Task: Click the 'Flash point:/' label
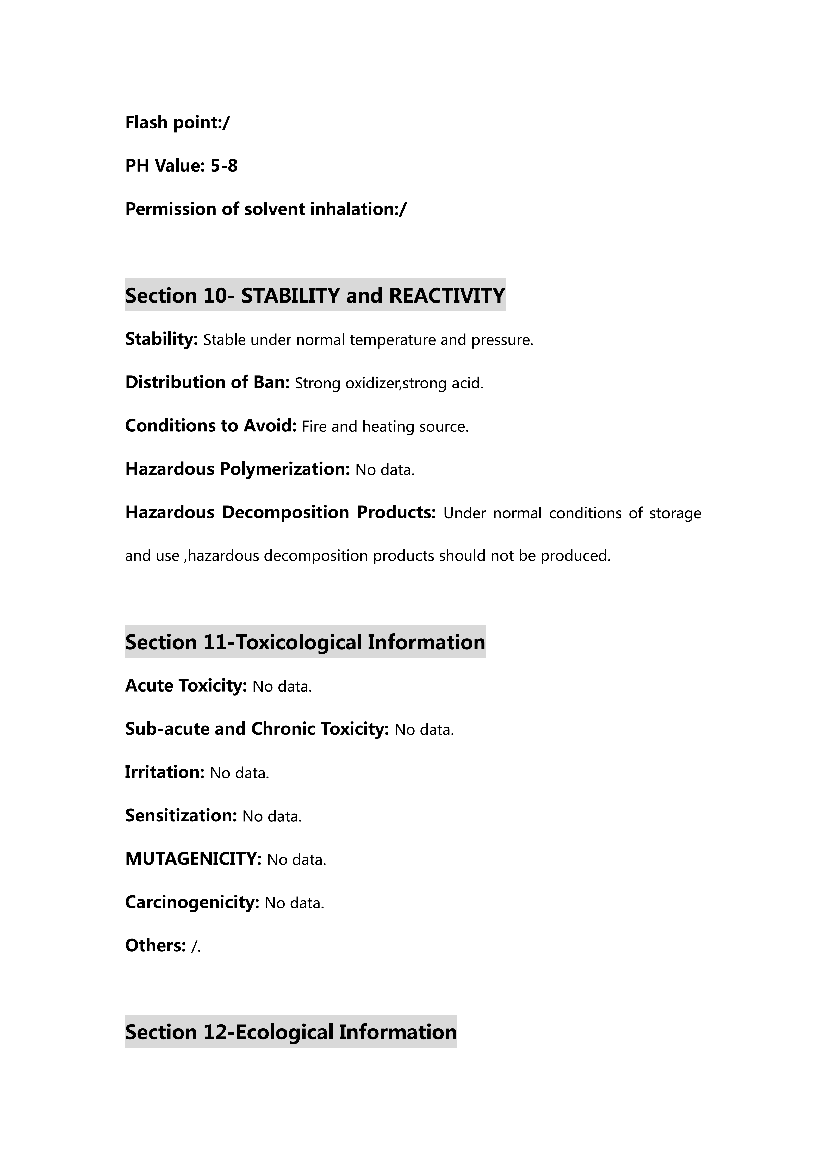[x=177, y=123]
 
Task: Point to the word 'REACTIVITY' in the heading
[x=447, y=296]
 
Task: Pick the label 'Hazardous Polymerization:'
[x=237, y=469]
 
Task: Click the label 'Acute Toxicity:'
[x=186, y=686]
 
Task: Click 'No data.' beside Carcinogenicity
[x=294, y=903]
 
